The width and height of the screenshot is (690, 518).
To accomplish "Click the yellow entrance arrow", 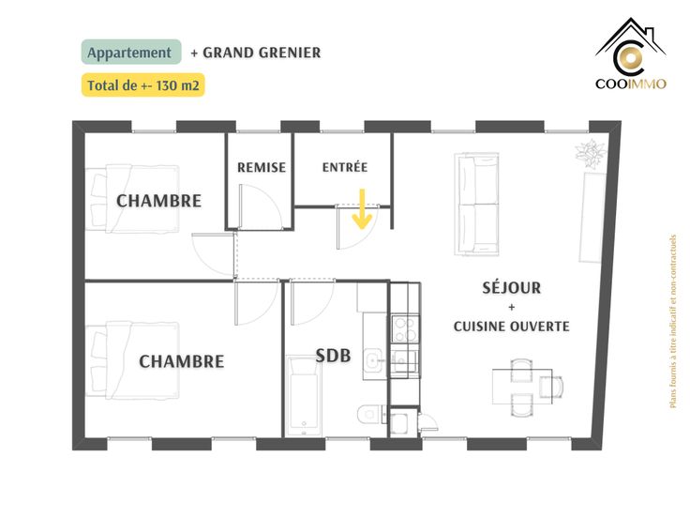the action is [x=362, y=209].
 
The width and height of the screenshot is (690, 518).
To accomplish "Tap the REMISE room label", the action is [x=262, y=167].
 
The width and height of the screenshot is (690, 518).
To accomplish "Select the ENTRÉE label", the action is [x=345, y=167].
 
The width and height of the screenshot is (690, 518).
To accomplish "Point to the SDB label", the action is [x=333, y=356].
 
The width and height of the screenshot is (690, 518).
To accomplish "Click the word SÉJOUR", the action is [x=511, y=288].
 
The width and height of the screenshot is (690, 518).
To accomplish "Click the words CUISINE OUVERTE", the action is [x=511, y=327].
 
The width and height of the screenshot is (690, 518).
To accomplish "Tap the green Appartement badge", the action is [x=131, y=52].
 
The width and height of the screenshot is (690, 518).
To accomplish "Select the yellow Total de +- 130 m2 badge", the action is [x=143, y=85].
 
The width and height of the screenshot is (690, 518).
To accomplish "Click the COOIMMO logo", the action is [x=631, y=53].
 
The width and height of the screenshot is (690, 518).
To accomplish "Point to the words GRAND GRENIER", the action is [x=262, y=53].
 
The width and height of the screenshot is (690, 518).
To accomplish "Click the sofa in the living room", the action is [x=476, y=204].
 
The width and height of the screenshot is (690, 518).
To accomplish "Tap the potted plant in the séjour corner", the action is [x=591, y=153].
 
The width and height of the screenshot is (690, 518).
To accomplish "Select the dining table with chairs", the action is [x=528, y=388].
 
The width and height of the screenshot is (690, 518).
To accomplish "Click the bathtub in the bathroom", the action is [x=303, y=395].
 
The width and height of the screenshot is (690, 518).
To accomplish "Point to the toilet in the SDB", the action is [x=370, y=414].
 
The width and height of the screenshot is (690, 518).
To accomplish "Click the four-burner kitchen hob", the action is [x=405, y=329].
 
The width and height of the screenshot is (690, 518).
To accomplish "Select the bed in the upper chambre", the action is [x=132, y=199].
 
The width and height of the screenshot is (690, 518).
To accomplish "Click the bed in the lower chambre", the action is [x=132, y=360].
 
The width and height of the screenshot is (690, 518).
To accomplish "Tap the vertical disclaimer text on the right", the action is [x=672, y=322].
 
